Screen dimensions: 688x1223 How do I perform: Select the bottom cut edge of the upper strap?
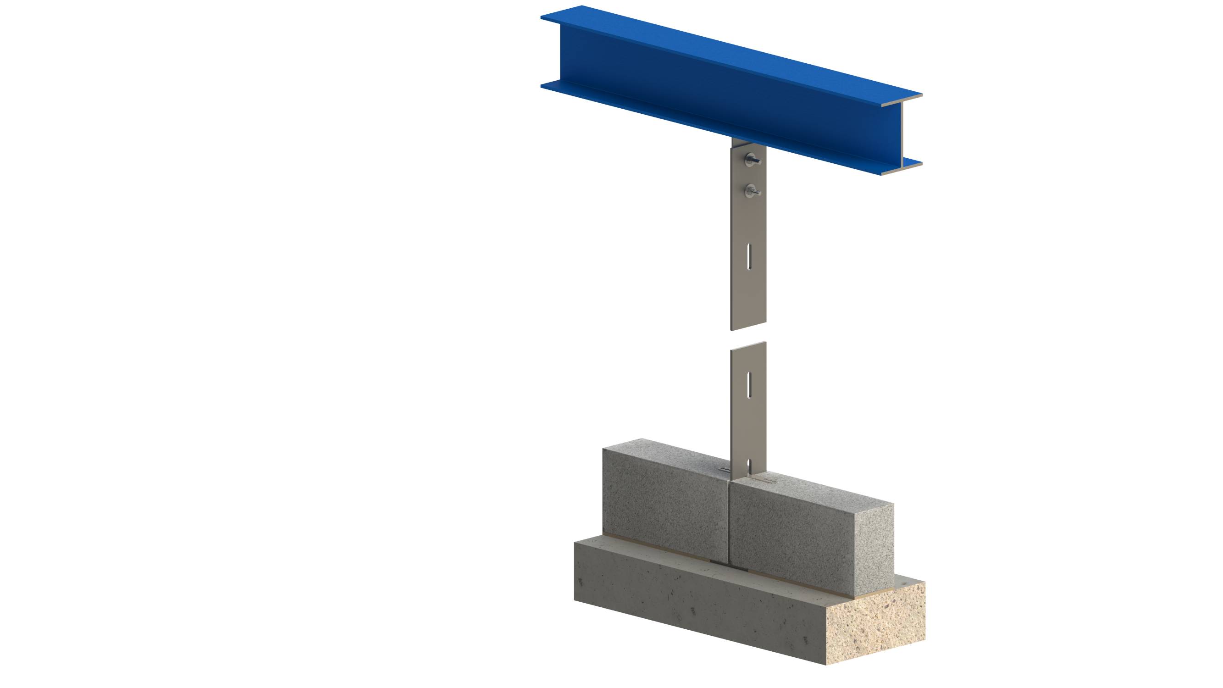tap(749, 327)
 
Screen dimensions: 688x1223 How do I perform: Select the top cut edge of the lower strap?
tap(749, 346)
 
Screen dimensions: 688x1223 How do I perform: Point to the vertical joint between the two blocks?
tap(728, 522)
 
